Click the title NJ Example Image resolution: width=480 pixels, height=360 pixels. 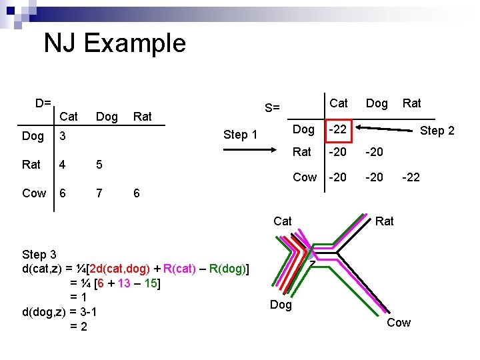coord(115,44)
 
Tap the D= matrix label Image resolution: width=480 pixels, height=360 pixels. coord(43,103)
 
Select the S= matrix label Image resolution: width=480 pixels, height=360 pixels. coord(272,108)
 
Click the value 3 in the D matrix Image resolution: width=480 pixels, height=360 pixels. coord(62,136)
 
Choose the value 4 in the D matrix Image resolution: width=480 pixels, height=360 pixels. coord(62,164)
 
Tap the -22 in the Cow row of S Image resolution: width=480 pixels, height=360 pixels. coord(411,177)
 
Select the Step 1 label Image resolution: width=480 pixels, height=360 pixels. coord(240,135)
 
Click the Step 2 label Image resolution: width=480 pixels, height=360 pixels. coord(437,131)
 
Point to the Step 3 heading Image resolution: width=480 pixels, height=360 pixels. coord(44,255)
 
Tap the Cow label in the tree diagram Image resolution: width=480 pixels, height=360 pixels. coord(399,323)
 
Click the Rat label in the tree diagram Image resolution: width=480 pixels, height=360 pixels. coord(385,221)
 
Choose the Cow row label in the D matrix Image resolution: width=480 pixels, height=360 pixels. coord(34,193)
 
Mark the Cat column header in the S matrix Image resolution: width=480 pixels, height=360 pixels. coord(339,103)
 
